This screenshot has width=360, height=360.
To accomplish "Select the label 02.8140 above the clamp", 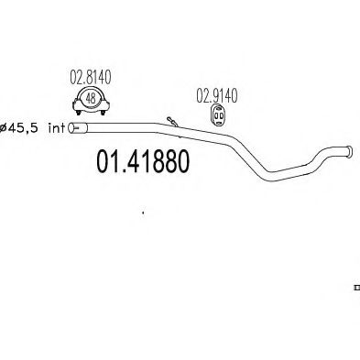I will point(91,80).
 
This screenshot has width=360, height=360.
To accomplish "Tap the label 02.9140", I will point(215,93).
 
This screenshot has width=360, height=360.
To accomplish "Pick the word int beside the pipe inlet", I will point(56,128).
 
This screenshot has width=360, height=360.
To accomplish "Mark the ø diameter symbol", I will point(5,128).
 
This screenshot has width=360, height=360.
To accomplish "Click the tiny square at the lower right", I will point(355,288).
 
